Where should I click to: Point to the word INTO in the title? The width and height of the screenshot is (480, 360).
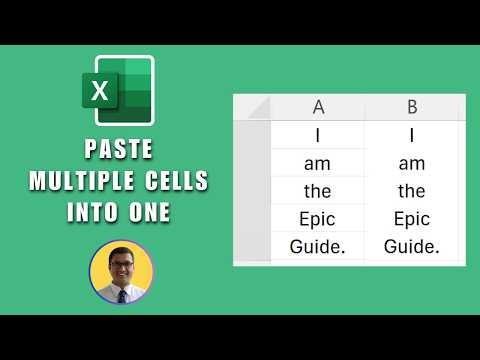93,213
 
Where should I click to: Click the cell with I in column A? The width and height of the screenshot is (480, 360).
318,135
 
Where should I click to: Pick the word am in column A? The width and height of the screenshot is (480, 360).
318,163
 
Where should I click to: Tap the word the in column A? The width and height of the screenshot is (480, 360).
318,191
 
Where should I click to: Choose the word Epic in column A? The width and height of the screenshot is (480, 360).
318,219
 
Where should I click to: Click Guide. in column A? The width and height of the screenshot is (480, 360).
318,247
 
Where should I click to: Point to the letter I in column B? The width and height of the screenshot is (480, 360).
412,135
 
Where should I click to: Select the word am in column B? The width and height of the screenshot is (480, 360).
412,163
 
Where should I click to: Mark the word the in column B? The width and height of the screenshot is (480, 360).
412,191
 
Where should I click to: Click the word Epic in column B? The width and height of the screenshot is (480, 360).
412,219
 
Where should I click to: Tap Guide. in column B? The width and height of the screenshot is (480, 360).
412,247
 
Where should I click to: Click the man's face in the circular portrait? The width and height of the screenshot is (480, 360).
120,264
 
